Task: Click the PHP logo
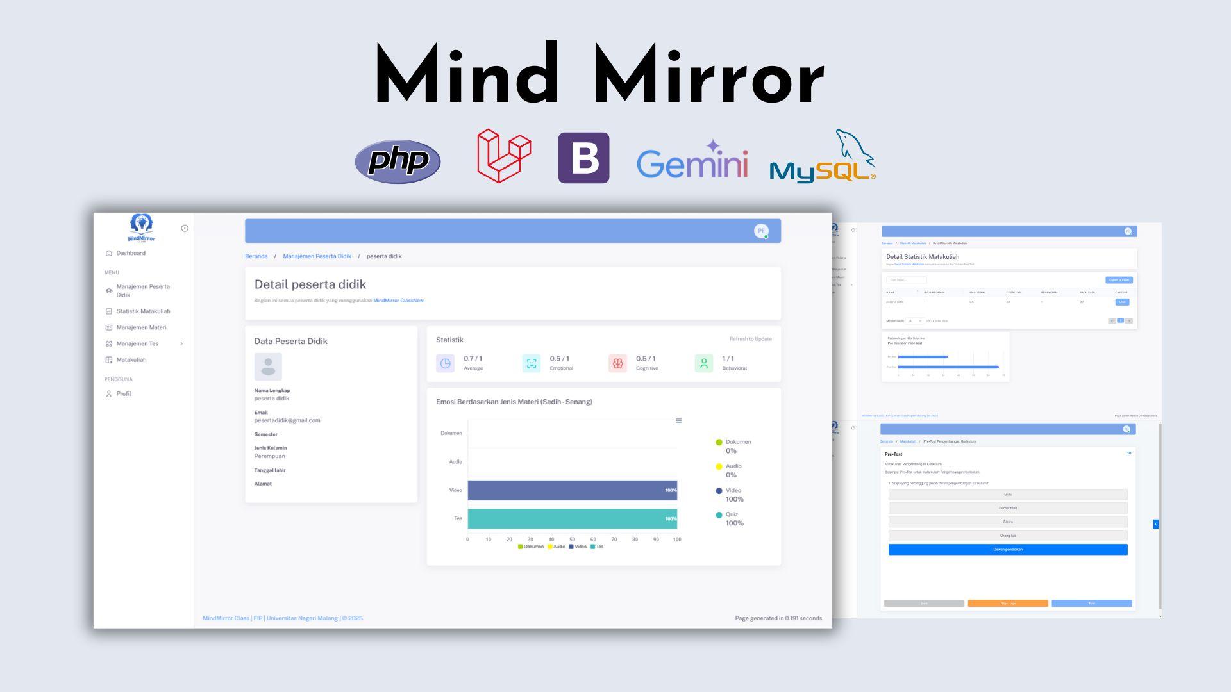(398, 161)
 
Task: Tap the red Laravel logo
(504, 156)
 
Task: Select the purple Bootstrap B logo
(583, 158)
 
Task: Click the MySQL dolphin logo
(823, 158)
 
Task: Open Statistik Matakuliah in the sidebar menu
(143, 311)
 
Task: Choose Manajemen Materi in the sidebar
(141, 327)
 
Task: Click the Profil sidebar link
(124, 394)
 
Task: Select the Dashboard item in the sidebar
(131, 253)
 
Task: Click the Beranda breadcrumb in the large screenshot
(256, 256)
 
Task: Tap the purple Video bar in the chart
(572, 490)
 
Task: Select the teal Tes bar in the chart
(572, 519)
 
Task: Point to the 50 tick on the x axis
(572, 540)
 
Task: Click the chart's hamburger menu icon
(678, 421)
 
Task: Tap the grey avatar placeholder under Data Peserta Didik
(268, 367)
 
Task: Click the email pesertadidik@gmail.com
(287, 420)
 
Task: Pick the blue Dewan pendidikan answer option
(1007, 550)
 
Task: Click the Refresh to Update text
(750, 339)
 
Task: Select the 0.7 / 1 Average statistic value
(473, 359)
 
